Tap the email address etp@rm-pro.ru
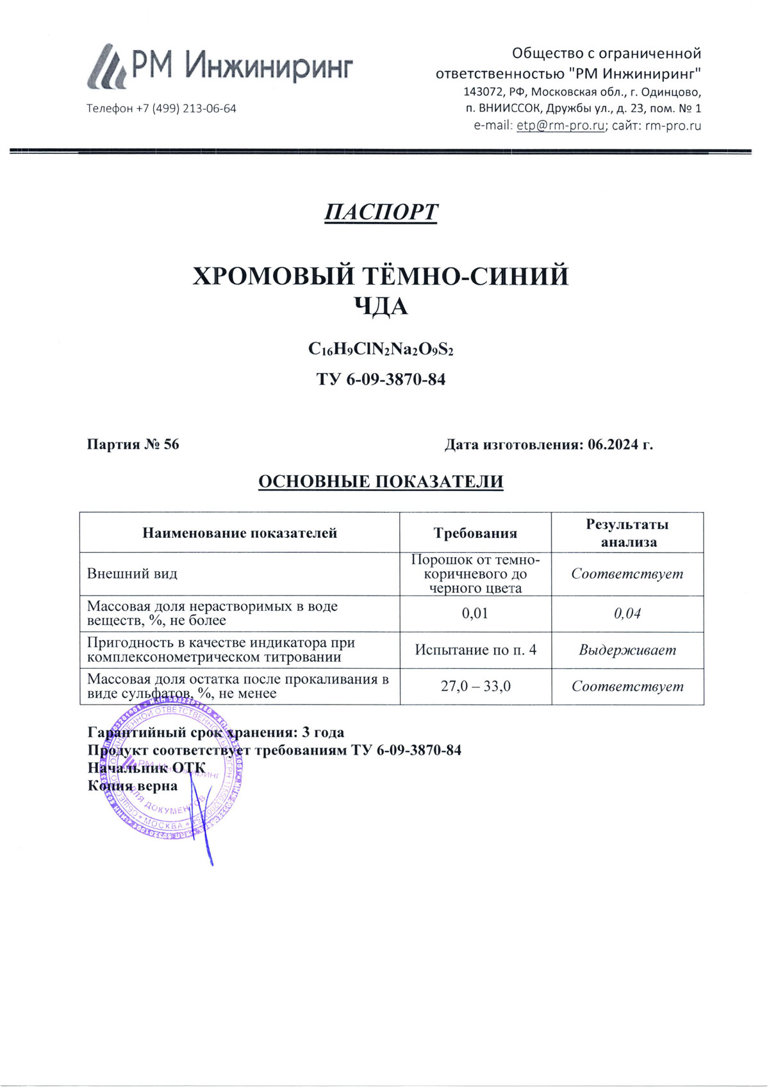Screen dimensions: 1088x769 [x=560, y=126]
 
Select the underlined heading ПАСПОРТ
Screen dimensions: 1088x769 [x=381, y=212]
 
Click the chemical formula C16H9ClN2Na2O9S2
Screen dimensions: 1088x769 [x=381, y=349]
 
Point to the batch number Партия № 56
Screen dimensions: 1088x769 [x=133, y=444]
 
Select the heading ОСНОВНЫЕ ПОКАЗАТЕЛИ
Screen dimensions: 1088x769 [x=381, y=481]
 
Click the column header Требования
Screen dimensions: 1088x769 [x=475, y=533]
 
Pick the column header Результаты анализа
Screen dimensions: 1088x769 [x=627, y=533]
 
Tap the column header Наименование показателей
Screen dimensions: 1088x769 [x=240, y=533]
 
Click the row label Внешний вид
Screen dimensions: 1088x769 [x=132, y=574]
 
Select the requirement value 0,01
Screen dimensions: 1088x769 [x=475, y=614]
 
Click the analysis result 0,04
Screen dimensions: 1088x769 [x=627, y=614]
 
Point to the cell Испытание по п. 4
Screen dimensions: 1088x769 [x=475, y=650]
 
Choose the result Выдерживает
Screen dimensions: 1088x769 [x=627, y=650]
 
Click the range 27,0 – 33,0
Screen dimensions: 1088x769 [x=475, y=687]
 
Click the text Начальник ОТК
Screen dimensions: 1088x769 [x=146, y=768]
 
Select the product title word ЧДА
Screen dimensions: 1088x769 [x=381, y=307]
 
